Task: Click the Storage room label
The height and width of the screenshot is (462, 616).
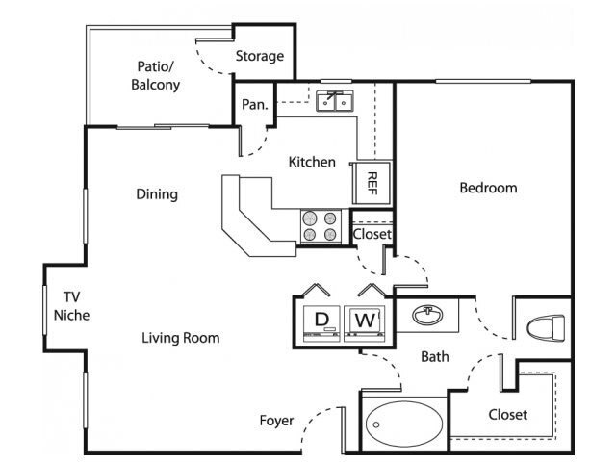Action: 260,56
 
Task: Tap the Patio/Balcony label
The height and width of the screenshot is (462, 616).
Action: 156,75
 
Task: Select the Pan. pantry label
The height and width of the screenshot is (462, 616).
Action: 254,105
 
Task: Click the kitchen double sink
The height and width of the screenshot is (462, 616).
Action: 335,101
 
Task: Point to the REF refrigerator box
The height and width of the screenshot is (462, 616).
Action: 372,183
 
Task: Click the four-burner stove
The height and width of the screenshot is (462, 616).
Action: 321,226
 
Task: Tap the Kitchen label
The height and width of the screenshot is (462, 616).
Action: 312,162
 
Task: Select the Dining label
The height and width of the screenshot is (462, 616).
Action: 157,194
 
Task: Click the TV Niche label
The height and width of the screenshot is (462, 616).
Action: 71,306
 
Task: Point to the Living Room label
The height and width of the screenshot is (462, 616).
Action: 181,338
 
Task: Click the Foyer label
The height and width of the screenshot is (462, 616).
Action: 276,421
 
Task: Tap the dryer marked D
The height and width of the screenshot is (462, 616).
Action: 321,322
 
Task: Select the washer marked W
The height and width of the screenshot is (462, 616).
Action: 365,322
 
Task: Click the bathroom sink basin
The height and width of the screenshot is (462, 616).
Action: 427,315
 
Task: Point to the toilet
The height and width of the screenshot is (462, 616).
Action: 546,327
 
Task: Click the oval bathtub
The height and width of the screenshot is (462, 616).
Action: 404,423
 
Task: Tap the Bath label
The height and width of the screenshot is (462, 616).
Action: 435,357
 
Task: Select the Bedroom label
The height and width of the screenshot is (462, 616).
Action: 488,188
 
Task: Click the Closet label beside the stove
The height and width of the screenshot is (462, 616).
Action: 372,234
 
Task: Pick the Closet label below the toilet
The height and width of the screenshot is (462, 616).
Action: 508,415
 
